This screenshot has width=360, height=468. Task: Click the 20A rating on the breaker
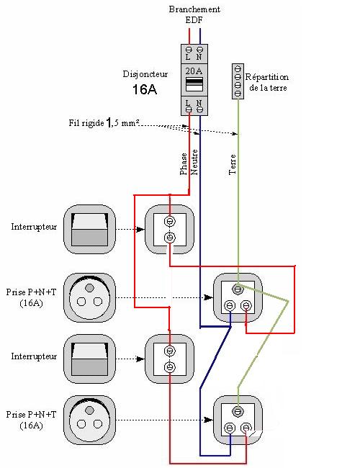194,71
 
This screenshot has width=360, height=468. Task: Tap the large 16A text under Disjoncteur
145,89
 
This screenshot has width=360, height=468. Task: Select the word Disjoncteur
145,74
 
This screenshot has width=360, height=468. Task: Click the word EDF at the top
194,20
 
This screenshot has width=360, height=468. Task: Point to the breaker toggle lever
194,84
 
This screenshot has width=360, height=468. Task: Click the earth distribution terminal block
238,81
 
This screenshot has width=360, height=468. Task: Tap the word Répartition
267,77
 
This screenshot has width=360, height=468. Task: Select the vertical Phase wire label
184,164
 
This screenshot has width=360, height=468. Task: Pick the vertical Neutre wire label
194,162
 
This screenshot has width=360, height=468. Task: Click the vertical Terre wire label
233,164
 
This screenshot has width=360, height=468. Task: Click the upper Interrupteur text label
34,227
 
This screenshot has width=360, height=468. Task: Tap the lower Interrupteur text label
34,356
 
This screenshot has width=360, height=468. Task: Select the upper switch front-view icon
89,229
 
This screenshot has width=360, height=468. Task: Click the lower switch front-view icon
89,359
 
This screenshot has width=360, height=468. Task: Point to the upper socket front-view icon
89,297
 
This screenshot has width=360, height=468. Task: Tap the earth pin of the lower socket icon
89,410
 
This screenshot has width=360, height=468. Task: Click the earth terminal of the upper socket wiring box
238,289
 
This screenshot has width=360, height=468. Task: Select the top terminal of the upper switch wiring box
170,222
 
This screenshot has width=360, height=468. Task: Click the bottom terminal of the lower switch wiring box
170,366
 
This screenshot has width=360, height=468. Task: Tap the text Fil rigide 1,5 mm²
104,122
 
